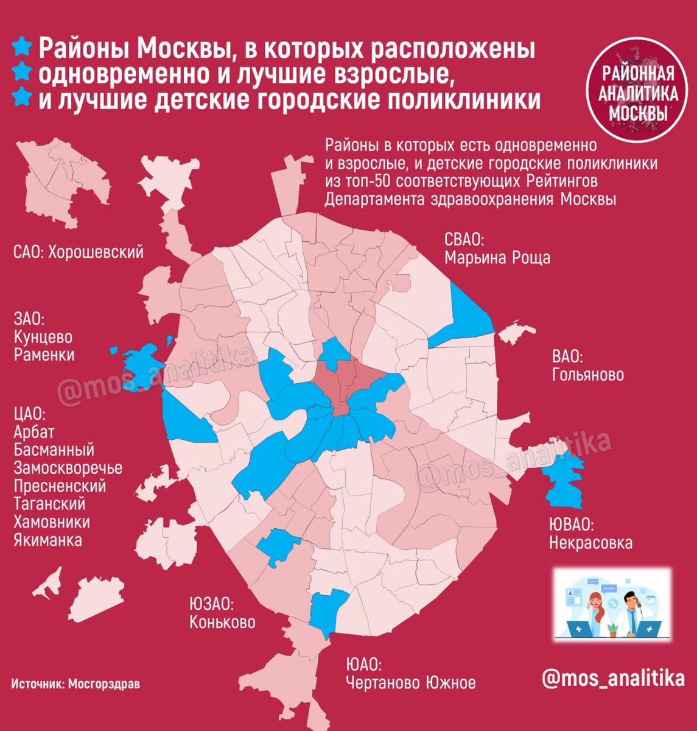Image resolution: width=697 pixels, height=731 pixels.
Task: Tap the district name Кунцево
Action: (43, 337)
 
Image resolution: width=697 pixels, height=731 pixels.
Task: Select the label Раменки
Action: (44, 355)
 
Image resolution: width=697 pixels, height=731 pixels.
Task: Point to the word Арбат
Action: (33, 432)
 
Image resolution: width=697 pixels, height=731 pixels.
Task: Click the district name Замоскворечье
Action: (67, 468)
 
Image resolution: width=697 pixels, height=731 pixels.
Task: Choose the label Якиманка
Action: (47, 540)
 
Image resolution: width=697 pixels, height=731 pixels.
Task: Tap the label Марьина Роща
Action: (497, 258)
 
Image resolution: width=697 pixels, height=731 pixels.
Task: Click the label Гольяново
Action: (587, 374)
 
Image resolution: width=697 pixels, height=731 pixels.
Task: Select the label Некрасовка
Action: (590, 542)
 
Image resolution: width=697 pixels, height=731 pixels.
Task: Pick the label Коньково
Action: (222, 622)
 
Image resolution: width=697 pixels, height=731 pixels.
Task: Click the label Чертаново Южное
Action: (410, 682)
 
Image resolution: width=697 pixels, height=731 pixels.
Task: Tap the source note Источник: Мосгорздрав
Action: (75, 683)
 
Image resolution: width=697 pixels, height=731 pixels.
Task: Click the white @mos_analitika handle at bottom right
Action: (613, 678)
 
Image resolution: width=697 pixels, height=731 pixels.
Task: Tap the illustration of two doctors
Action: (612, 604)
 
